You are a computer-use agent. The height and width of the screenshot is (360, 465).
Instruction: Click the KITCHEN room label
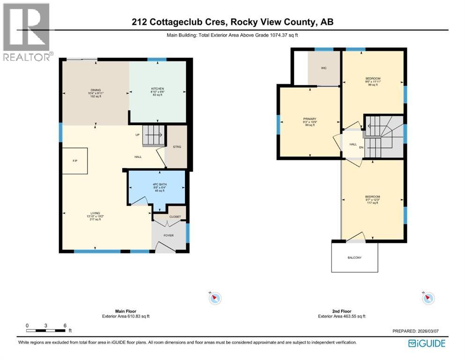point(157,89)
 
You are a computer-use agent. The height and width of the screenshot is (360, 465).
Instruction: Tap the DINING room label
point(96,90)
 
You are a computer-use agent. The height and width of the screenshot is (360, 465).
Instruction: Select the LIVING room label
point(96,213)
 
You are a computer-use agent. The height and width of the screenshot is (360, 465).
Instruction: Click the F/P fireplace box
point(74,161)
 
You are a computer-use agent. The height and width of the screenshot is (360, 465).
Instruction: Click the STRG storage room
point(177,147)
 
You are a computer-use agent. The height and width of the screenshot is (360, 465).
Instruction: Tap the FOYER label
point(169,235)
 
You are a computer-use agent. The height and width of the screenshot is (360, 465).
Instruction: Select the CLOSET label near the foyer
point(175,217)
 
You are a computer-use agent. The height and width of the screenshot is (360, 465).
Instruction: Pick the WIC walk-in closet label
point(324,68)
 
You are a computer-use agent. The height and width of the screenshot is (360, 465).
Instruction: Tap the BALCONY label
point(354,258)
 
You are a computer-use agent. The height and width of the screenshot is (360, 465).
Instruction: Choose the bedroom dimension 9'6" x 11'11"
point(373,82)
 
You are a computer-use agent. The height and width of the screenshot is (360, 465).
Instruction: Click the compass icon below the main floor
point(215,298)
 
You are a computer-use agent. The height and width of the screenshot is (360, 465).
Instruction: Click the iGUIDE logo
point(427,344)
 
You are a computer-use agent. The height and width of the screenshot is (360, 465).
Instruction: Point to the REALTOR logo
point(26,32)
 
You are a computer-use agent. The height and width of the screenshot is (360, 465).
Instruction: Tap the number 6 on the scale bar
point(64,325)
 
